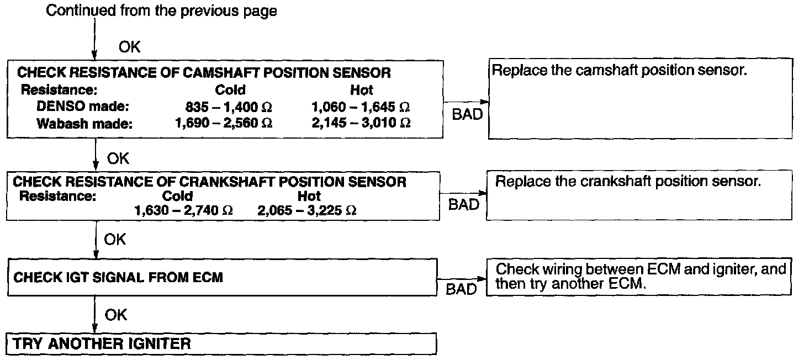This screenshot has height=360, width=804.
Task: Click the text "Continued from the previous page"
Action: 161,10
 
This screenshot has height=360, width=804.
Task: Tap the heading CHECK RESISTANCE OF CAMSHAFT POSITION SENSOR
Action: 204,72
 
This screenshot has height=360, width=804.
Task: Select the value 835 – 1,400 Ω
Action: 229,107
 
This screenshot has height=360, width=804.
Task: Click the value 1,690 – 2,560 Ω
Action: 223,123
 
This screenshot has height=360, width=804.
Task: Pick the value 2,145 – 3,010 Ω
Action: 361,123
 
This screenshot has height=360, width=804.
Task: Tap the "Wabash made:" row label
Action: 84,124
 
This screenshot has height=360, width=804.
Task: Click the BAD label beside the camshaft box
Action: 467,115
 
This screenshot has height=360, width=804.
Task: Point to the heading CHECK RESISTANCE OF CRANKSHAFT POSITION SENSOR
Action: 209,182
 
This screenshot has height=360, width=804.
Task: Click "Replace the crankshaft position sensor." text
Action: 628,182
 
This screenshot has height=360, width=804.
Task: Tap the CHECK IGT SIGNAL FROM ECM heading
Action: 118,277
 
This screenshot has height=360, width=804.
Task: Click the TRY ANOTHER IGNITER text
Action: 102,343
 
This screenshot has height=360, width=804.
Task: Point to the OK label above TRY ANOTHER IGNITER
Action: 116,315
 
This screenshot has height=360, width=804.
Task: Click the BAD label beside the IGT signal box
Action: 461,289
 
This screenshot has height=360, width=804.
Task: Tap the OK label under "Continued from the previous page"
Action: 130,47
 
